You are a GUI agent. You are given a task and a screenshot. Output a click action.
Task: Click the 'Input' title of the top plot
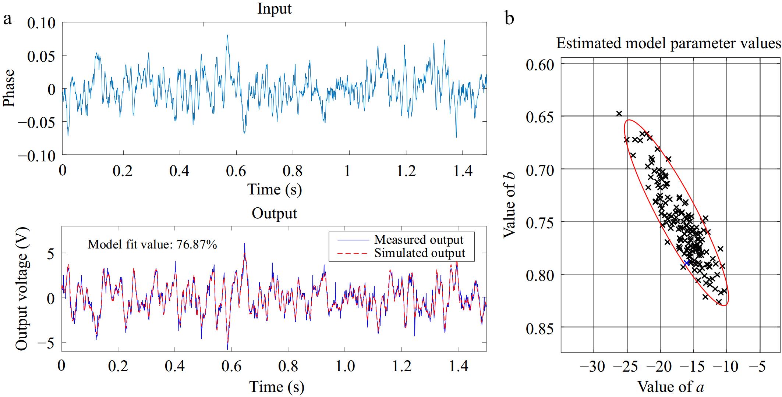point(274,8)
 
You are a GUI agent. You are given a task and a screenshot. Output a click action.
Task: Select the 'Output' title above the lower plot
point(274,213)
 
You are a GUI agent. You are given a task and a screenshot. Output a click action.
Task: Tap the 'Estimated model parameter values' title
point(668,43)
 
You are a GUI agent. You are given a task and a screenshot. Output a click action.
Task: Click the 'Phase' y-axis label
point(9,88)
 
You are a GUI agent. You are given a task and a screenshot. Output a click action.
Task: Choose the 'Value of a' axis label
point(670,386)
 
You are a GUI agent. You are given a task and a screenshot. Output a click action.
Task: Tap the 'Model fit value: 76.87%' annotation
point(152,244)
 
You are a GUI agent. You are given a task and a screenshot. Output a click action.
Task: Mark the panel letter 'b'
point(509,18)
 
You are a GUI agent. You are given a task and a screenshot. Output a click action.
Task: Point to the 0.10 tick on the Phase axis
point(41,24)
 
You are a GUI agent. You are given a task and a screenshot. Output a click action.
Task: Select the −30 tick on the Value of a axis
point(592,366)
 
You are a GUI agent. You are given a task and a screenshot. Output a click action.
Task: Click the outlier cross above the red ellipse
point(619,114)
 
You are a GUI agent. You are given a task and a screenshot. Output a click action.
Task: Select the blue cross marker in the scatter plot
point(687,262)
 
